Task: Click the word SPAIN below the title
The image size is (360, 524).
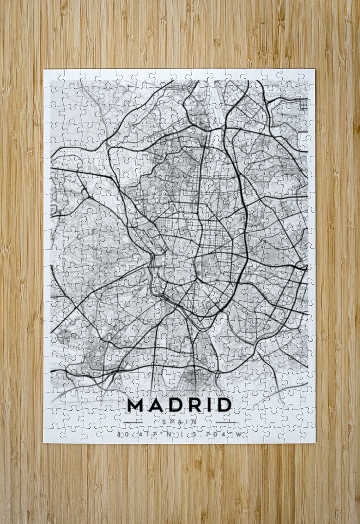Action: (x=179, y=422)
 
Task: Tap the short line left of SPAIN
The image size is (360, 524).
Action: (x=133, y=422)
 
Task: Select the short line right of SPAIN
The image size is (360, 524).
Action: (x=225, y=422)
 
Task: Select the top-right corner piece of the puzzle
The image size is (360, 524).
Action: (x=307, y=77)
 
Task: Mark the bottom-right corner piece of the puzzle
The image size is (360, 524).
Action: (x=307, y=435)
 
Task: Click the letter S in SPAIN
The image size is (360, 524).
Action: (x=164, y=422)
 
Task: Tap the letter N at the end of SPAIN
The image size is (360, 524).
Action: (x=195, y=422)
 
